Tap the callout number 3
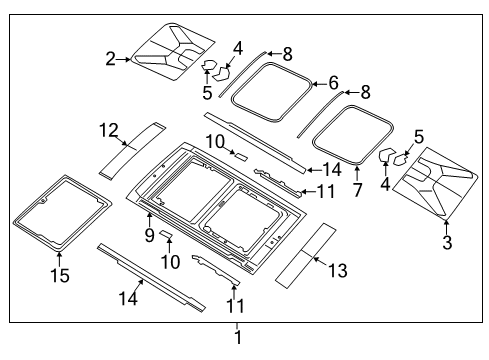(447, 243)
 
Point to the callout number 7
(357, 188)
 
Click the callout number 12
(108, 129)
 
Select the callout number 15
(59, 275)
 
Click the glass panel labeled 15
(61, 214)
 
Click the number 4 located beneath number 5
(384, 183)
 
